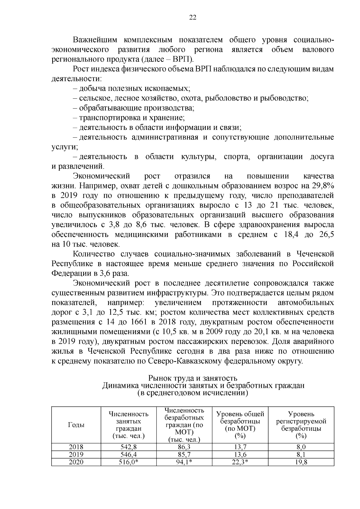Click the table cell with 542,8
(129, 447)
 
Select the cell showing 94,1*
(184, 462)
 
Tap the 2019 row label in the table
(76, 455)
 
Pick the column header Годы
(76, 425)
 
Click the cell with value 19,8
(301, 462)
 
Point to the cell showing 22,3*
(240, 462)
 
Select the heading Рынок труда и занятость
(193, 379)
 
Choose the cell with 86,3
(184, 447)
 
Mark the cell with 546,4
(129, 455)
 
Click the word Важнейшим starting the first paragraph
(94, 40)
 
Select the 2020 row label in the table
(76, 462)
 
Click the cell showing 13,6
(240, 455)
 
